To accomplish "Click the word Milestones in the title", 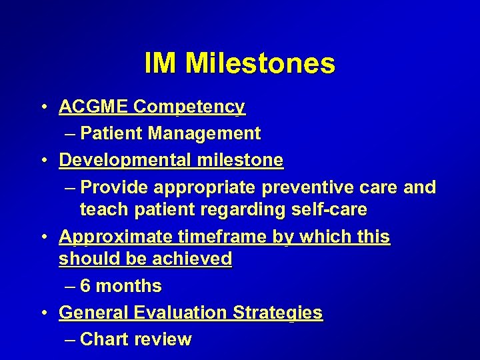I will coord(260,64).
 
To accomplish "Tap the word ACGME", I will coord(93,107).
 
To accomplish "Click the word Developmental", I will coord(125,161).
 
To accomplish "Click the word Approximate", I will coord(116,237).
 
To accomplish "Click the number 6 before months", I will coord(85,286).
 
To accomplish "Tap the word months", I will coord(129,286).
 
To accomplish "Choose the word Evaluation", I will coord(180,313).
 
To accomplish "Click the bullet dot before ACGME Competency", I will coord(43,107).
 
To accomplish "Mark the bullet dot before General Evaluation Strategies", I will coord(43,313).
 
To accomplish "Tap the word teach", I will coord(102,209).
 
